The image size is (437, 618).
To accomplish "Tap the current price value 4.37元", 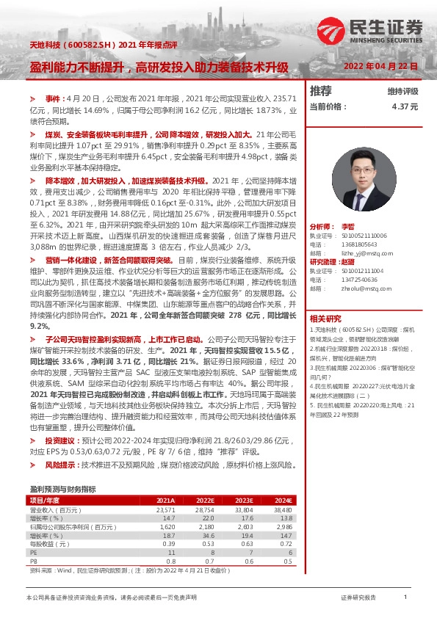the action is point(405,106).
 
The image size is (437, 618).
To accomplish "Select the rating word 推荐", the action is point(321,91).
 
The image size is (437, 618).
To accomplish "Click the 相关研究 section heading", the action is point(325,319).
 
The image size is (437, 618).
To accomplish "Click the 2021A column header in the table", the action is point(166,501).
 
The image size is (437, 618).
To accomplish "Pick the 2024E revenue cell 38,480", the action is point(283,509).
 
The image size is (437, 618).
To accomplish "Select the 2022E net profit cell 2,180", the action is point(205,527).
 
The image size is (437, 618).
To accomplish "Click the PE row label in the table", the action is point(33,553).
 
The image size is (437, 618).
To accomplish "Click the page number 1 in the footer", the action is point(405,598).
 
